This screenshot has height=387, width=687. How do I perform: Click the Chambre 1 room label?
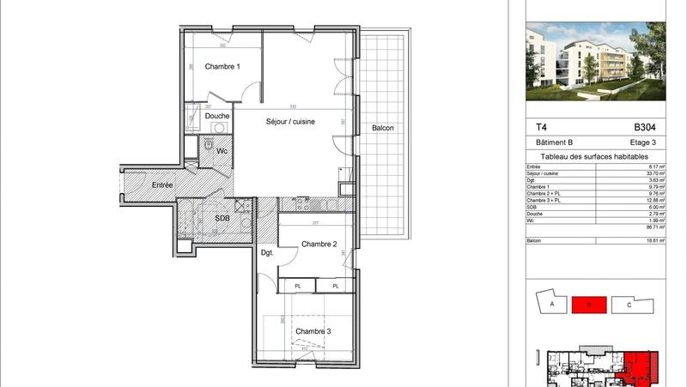click(x=222, y=67)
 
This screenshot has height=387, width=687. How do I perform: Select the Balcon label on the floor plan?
click(x=383, y=129)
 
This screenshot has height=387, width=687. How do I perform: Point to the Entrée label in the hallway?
click(x=162, y=185)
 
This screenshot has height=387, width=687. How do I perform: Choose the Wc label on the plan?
click(x=221, y=151)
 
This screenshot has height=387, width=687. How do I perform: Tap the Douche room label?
click(x=217, y=116)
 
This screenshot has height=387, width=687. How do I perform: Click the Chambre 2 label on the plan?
click(x=318, y=245)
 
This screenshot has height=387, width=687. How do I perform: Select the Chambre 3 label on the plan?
click(x=313, y=331)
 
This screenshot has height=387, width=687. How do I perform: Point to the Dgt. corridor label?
click(x=267, y=252)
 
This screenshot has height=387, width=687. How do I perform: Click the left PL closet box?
click(x=298, y=286)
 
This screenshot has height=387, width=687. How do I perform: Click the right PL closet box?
click(x=336, y=286)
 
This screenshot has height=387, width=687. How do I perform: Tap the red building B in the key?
click(x=590, y=304)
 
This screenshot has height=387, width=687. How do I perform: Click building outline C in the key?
click(x=629, y=304)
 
